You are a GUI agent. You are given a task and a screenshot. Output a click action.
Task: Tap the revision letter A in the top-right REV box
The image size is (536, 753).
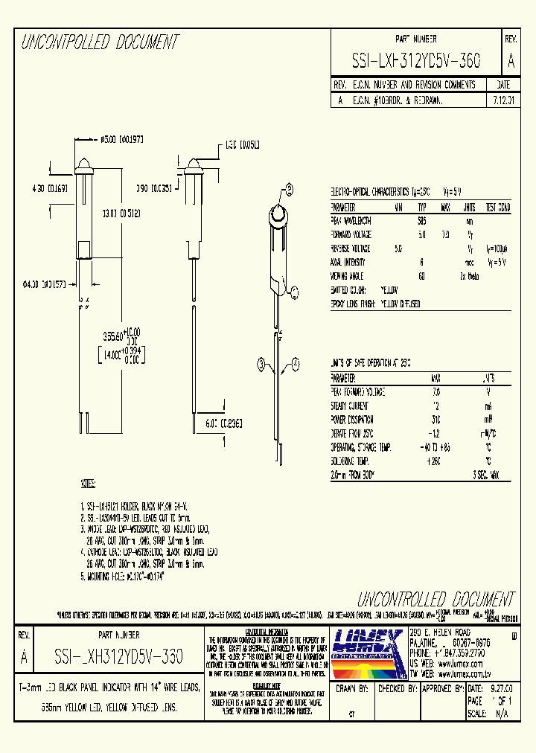click(510, 61)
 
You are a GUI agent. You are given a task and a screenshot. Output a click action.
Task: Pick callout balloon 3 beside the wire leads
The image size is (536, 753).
click(261, 363)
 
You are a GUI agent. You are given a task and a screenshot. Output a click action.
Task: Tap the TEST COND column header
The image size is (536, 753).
click(498, 208)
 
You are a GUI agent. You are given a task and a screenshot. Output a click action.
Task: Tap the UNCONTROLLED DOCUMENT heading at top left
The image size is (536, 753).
click(99, 42)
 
